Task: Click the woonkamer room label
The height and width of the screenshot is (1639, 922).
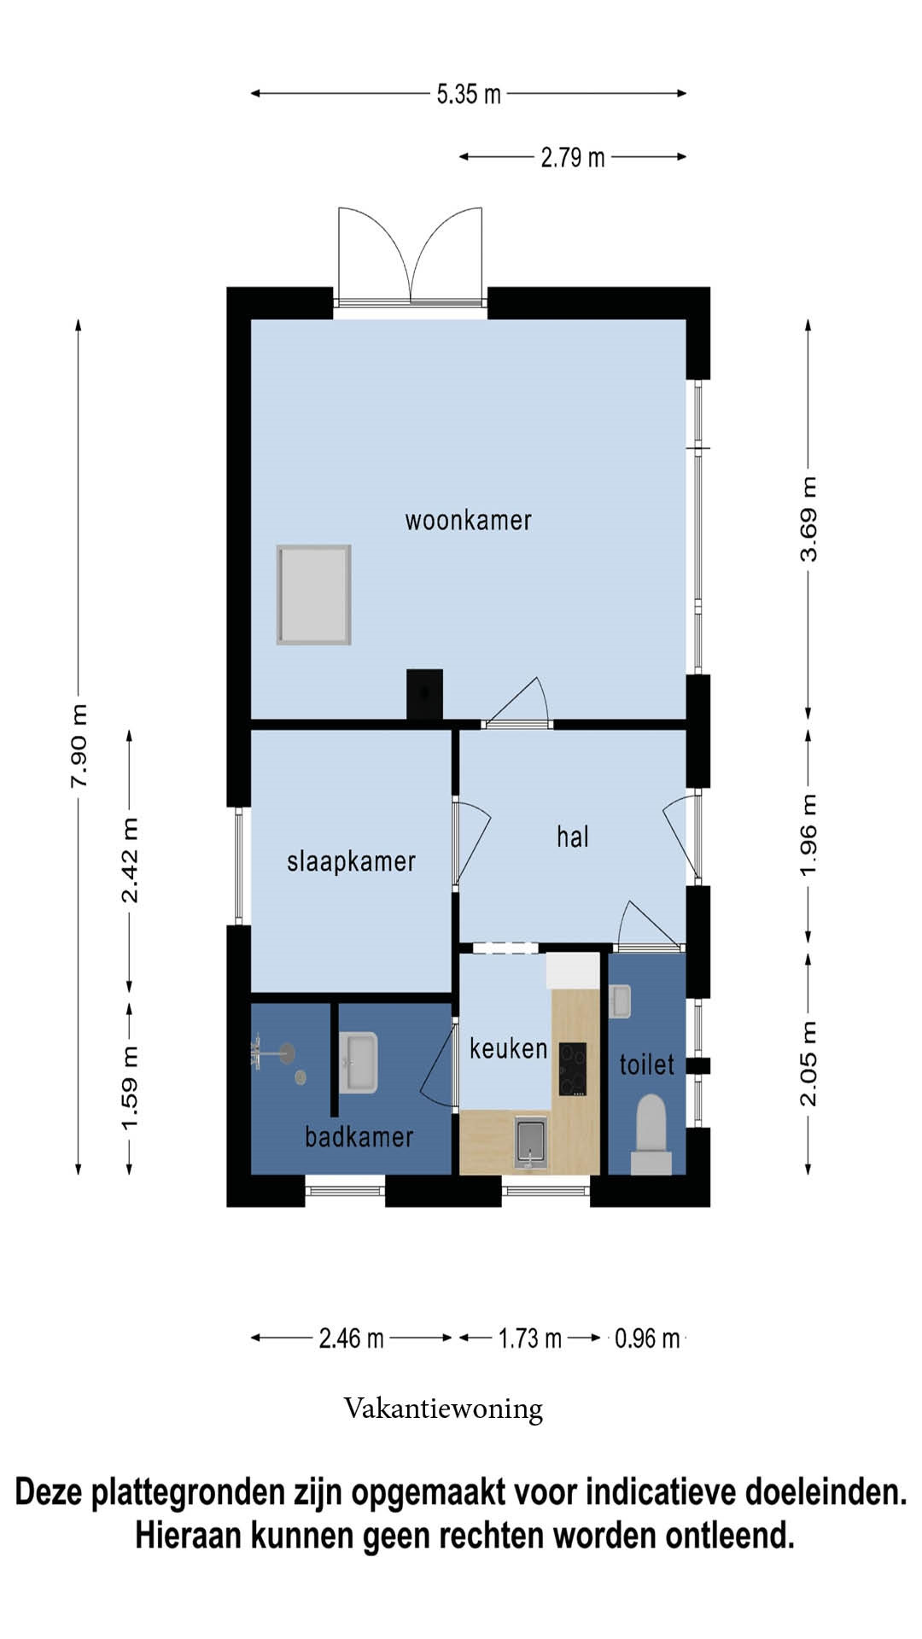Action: [468, 520]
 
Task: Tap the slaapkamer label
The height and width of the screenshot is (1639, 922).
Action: [351, 861]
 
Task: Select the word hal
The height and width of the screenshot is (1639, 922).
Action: [573, 837]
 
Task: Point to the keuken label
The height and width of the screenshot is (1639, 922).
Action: [508, 1047]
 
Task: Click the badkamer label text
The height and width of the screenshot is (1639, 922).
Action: [359, 1136]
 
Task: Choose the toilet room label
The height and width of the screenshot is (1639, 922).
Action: [646, 1064]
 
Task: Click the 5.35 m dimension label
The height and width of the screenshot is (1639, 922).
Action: [469, 93]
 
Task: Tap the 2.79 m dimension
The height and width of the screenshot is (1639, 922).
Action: [573, 157]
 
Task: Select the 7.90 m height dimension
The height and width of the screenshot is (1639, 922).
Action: [79, 746]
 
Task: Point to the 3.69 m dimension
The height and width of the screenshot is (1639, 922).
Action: [808, 519]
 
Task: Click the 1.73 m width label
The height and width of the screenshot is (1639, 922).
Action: [530, 1338]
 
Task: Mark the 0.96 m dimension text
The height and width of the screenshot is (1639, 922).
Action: [647, 1338]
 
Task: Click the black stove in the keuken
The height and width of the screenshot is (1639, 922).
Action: [573, 1069]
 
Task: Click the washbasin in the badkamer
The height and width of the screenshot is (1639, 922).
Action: [359, 1063]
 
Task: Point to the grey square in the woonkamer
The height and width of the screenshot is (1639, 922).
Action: [314, 595]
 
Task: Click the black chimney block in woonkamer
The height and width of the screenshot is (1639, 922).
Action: [424, 694]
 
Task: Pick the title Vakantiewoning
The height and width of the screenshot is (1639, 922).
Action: [443, 1409]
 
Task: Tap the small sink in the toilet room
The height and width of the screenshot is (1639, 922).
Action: [621, 1001]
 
